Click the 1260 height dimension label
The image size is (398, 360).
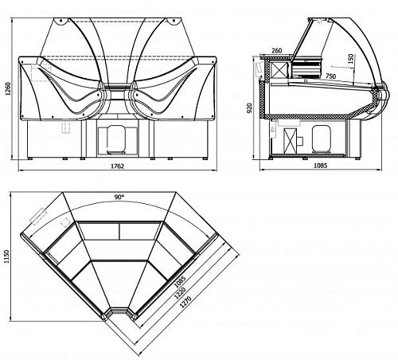pyautogui.click(x=8, y=89)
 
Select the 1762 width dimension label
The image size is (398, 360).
pyautogui.click(x=117, y=166)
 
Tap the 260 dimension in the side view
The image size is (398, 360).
pyautogui.click(x=277, y=50)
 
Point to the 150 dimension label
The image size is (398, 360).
pyautogui.click(x=351, y=59)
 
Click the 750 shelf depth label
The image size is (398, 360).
pyautogui.click(x=330, y=76)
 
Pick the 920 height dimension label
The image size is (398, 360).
pyautogui.click(x=249, y=108)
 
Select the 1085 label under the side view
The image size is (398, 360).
pyautogui.click(x=321, y=166)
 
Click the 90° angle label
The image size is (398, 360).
pyautogui.click(x=119, y=197)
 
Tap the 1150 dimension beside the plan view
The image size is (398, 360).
pyautogui.click(x=7, y=256)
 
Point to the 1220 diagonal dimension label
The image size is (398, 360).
pyautogui.click(x=180, y=293)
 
